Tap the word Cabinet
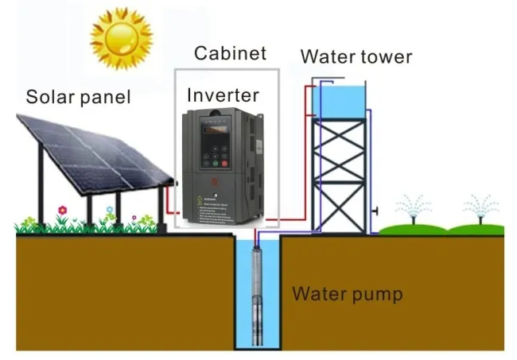230,55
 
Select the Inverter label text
223,96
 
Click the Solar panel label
78,98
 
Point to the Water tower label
356,57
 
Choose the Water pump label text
348,294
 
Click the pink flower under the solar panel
62,211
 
